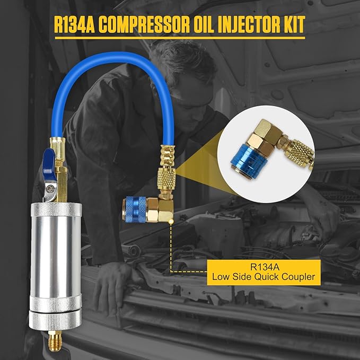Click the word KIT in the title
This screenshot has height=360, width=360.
[x=292, y=24]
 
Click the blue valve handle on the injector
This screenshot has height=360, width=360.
[x=49, y=157]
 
